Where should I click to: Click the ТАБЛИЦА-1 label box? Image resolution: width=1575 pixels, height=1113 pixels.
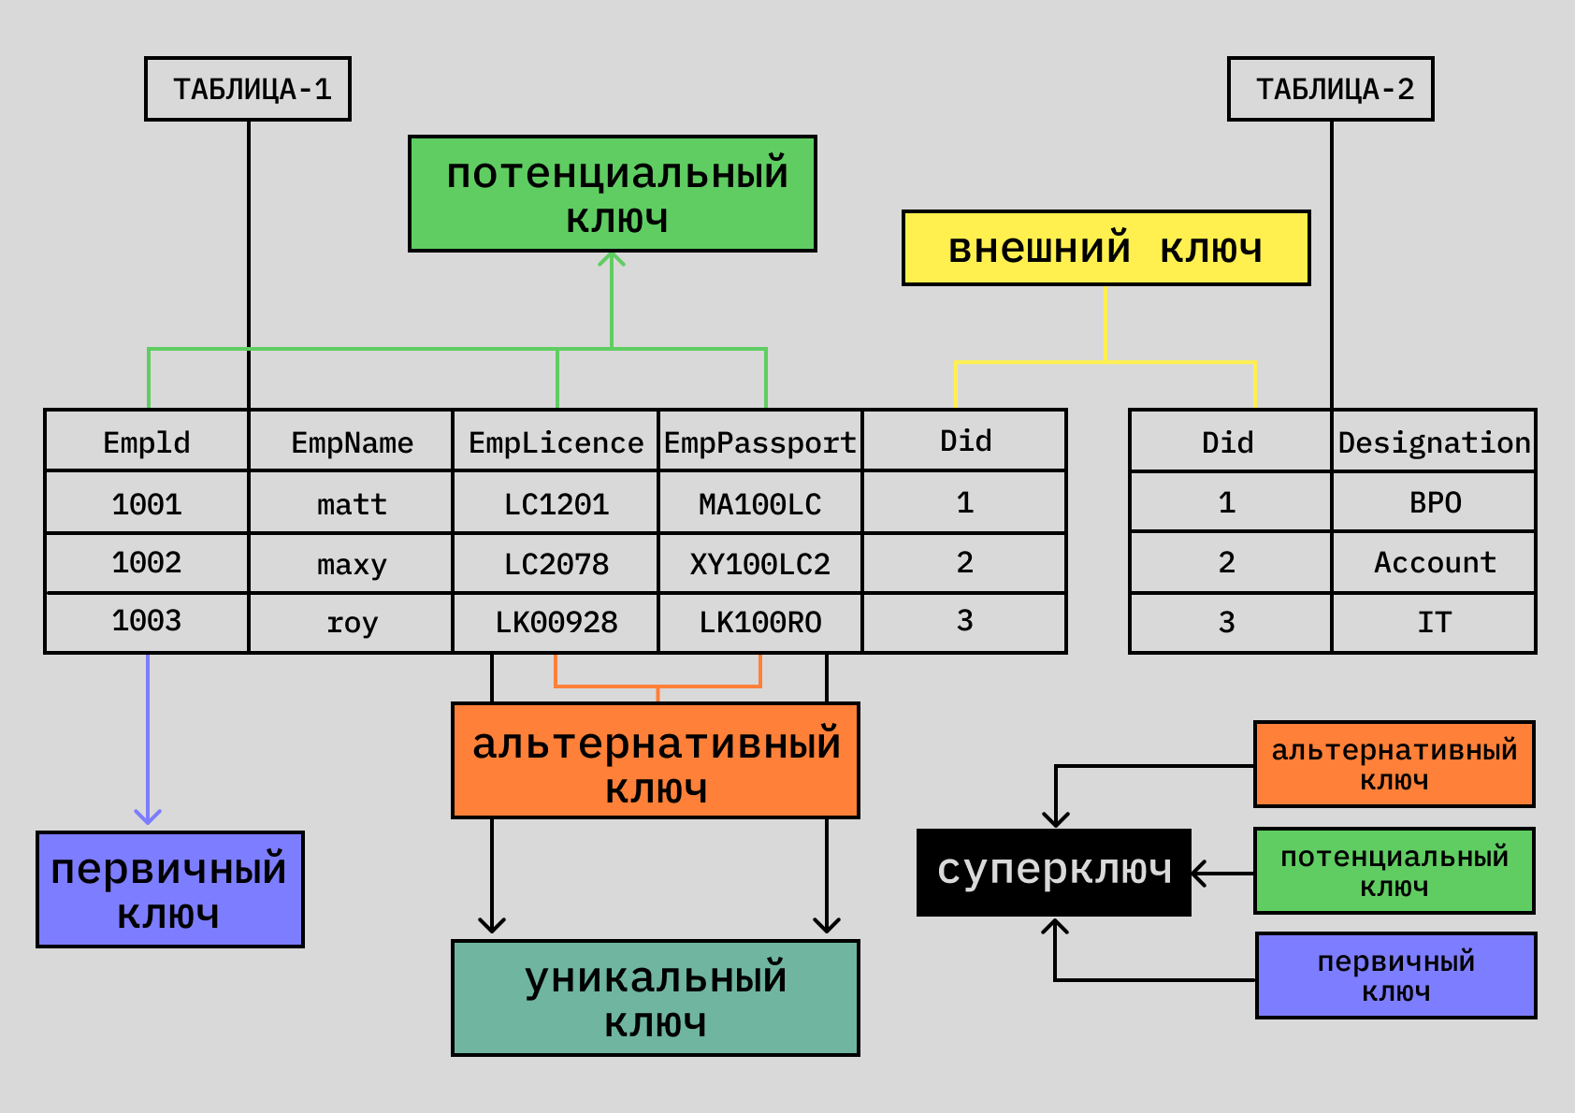[248, 89]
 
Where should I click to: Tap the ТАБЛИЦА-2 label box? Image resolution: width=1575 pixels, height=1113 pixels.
[1330, 89]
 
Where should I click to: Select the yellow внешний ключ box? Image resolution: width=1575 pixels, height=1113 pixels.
[1105, 248]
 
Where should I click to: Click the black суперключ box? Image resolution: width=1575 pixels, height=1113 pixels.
[1054, 872]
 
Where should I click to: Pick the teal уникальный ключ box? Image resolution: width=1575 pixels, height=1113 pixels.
[655, 998]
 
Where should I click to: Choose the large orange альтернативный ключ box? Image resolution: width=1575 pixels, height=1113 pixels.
[655, 760]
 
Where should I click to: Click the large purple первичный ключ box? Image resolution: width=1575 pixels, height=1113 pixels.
[170, 889]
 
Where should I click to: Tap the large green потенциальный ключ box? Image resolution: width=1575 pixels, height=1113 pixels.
[613, 194]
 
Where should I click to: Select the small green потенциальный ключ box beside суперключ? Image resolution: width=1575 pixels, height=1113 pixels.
[1394, 871]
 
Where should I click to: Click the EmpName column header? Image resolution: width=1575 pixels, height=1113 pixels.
[352, 441]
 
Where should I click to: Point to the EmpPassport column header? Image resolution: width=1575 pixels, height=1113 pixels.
[759, 441]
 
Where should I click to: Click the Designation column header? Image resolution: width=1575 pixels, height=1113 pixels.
[1434, 441]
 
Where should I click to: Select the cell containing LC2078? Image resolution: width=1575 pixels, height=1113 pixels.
[556, 563]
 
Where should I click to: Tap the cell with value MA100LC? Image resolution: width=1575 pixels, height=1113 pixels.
[759, 503]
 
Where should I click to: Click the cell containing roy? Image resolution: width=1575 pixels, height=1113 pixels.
[352, 622]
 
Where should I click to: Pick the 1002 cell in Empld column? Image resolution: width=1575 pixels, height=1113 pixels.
[147, 562]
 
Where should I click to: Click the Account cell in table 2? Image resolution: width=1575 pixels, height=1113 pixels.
[1434, 562]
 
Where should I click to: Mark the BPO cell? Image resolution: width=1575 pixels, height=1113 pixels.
[1434, 502]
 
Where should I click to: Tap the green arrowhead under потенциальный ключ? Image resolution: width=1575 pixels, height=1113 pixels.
[612, 259]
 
